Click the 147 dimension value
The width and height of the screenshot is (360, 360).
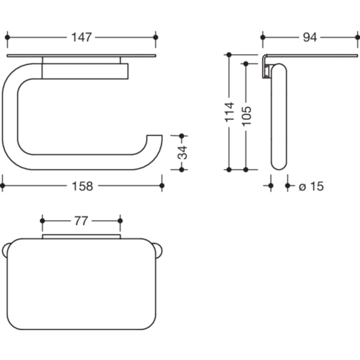pyautogui.click(x=81, y=37)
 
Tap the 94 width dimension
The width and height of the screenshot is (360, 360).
pyautogui.click(x=310, y=37)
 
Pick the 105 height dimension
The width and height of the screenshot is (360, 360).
pyautogui.click(x=246, y=116)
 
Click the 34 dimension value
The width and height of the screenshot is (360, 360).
pyautogui.click(x=182, y=153)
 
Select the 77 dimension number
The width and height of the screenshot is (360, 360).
pyautogui.click(x=81, y=221)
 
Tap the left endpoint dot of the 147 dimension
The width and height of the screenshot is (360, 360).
pyautogui.click(x=7, y=37)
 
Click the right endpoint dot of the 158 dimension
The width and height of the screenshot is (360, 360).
pyautogui.click(x=162, y=186)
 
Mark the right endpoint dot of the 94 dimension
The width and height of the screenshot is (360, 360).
pyautogui.click(x=357, y=37)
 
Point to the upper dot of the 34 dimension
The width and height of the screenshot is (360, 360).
pyautogui.click(x=182, y=136)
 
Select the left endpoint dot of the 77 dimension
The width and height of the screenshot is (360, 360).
pyautogui.click(x=43, y=221)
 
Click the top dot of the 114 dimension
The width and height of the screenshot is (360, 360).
pyautogui.click(x=229, y=55)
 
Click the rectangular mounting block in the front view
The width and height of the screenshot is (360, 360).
pyautogui.click(x=85, y=71)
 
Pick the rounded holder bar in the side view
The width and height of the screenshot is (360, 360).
pyautogui.click(x=279, y=118)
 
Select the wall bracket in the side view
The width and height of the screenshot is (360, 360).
pyautogui.click(x=265, y=66)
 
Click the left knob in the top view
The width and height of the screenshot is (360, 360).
pyautogui.click(x=5, y=250)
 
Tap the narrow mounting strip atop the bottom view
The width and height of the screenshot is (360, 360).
pyautogui.click(x=81, y=237)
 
